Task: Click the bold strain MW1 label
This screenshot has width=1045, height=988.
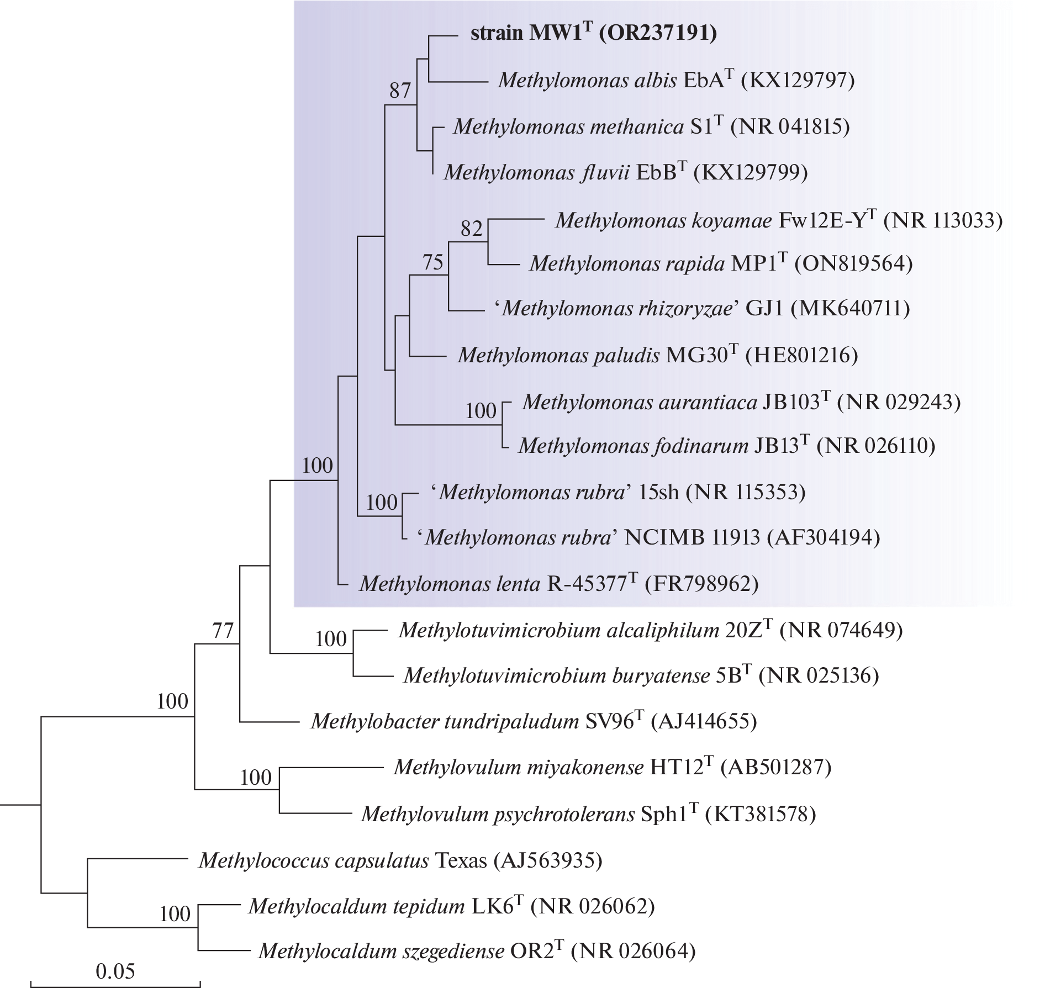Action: [x=593, y=33]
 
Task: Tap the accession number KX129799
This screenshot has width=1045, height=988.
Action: [x=751, y=173]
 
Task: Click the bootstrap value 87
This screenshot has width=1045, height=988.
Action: [x=400, y=91]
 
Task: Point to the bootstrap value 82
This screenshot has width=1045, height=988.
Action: [x=471, y=229]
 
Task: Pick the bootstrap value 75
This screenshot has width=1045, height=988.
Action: [x=432, y=262]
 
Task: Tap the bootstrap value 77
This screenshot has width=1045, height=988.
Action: [x=223, y=630]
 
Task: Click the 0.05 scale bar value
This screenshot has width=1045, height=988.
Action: [x=115, y=971]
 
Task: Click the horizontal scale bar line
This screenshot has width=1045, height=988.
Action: [x=115, y=984]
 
